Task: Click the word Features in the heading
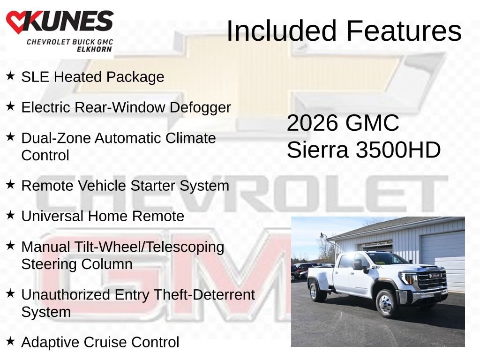pos(404,31)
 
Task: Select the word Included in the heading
pos(282,31)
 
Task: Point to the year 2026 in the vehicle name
pos(312,123)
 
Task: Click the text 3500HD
pos(398,150)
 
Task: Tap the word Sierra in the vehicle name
pos(317,150)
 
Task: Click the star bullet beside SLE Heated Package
pos(10,75)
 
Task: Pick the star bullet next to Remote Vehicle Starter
pos(10,184)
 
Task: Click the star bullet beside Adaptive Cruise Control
pos(10,341)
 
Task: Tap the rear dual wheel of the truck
pos(317,292)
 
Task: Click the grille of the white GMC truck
pos(431,280)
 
